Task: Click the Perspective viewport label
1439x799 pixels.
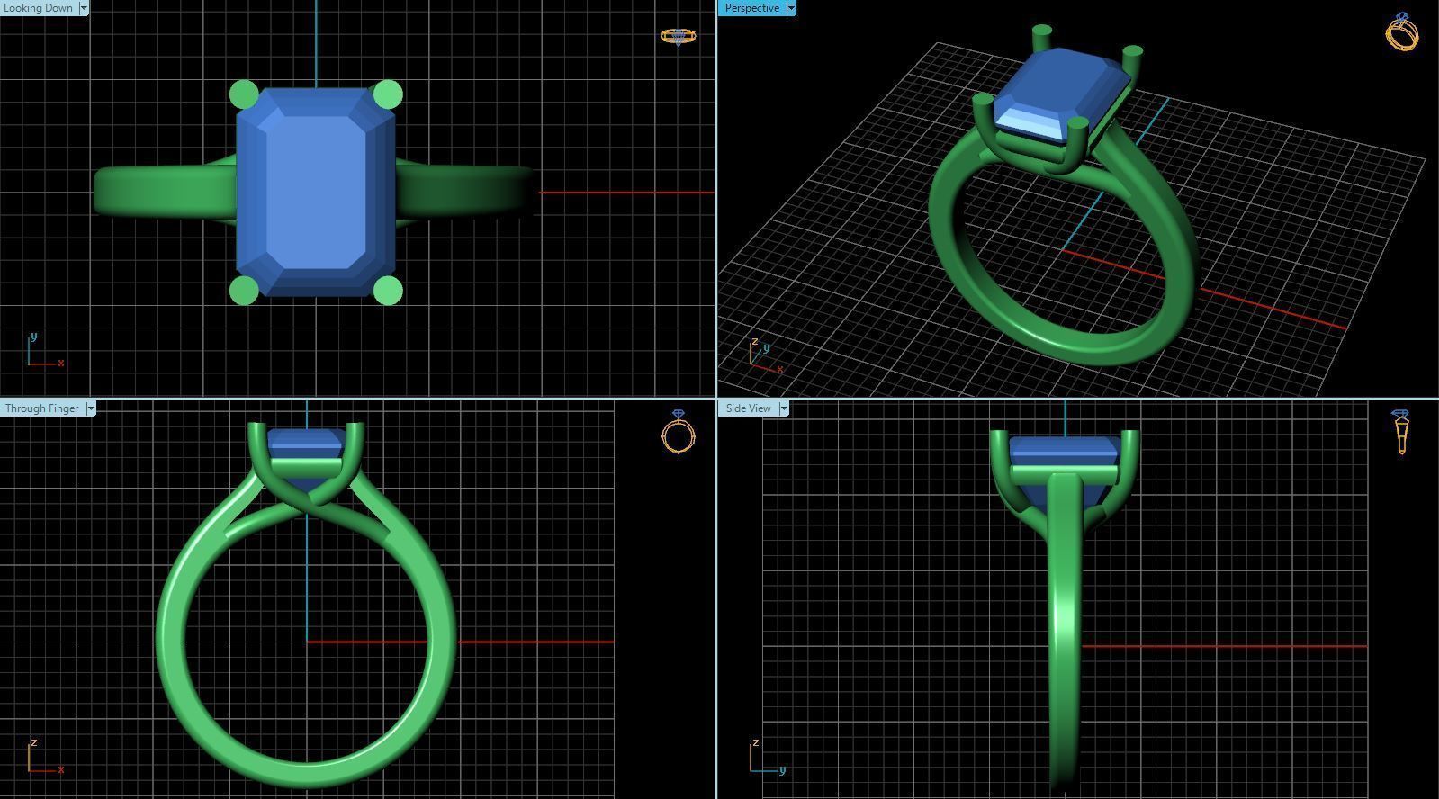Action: [751, 8]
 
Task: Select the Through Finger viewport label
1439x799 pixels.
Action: [41, 408]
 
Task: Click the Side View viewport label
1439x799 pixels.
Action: [748, 408]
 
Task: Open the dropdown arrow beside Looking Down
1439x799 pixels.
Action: [84, 8]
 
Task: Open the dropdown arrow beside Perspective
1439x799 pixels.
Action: [791, 8]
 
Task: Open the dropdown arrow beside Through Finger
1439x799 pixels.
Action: [90, 408]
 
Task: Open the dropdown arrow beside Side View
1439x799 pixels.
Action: [784, 408]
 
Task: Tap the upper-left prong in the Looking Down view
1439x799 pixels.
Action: [244, 94]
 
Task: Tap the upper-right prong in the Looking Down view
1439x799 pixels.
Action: [388, 94]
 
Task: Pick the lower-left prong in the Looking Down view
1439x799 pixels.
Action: [244, 290]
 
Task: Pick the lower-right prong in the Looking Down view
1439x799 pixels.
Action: [388, 290]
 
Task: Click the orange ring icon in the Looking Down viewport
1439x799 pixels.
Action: [678, 36]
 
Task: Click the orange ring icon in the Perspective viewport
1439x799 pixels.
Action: [1402, 32]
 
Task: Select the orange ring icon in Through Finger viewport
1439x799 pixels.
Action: [679, 433]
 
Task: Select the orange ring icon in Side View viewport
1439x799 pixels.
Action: [1401, 432]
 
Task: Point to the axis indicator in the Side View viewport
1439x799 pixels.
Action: [764, 759]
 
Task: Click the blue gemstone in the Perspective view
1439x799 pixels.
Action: [1062, 90]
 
